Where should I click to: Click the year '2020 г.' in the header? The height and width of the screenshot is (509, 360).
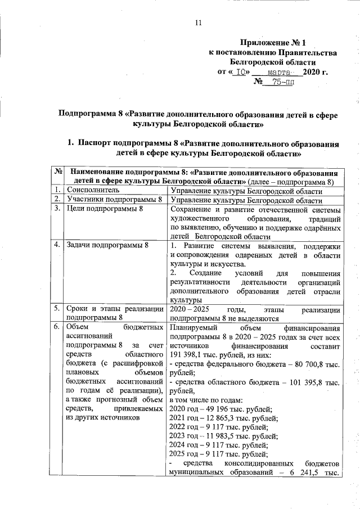point(316,73)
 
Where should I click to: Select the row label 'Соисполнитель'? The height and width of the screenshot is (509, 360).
point(92,191)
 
